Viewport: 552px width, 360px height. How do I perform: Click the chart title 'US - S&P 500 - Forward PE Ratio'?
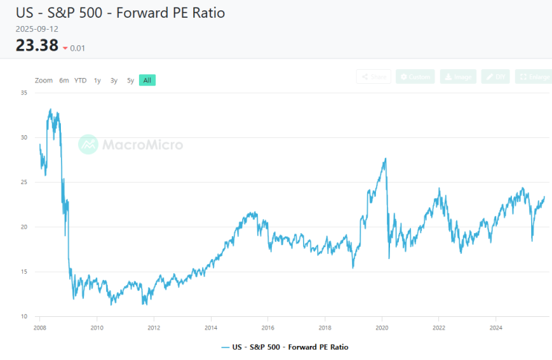pyautogui.click(x=120, y=13)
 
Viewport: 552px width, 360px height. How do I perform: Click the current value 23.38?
pyautogui.click(x=36, y=45)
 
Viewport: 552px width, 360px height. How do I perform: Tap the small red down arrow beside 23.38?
pyautogui.click(x=65, y=48)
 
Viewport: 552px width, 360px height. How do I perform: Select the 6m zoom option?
pyautogui.click(x=65, y=80)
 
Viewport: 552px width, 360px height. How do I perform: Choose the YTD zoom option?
pyautogui.click(x=80, y=80)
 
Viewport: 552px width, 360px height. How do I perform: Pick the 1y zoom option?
pyautogui.click(x=97, y=80)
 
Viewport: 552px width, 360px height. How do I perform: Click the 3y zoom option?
pyautogui.click(x=114, y=80)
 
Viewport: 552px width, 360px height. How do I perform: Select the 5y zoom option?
pyautogui.click(x=130, y=80)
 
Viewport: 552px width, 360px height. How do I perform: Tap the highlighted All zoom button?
pyautogui.click(x=147, y=80)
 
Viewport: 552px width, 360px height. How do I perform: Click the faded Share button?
pyautogui.click(x=374, y=76)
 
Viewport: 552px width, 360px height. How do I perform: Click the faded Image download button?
pyautogui.click(x=458, y=76)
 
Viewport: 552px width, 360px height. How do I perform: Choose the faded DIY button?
pyautogui.click(x=495, y=76)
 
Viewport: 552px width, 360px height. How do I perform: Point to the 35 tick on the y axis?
pyautogui.click(x=25, y=93)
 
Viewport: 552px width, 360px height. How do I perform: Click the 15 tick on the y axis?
pyautogui.click(x=25, y=272)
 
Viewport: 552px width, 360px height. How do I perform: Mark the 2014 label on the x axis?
pyautogui.click(x=211, y=327)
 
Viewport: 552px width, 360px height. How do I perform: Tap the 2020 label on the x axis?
pyautogui.click(x=382, y=327)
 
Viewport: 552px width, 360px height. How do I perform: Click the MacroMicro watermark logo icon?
pyautogui.click(x=88, y=144)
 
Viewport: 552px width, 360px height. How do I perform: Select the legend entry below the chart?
pyautogui.click(x=285, y=347)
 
